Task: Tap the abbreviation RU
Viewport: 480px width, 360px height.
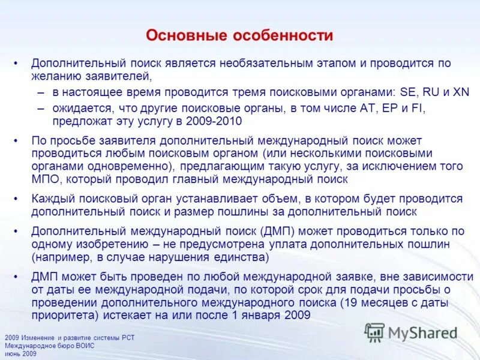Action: (x=433, y=92)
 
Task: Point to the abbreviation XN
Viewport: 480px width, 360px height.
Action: (x=460, y=92)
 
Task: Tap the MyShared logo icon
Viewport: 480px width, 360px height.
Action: (x=374, y=332)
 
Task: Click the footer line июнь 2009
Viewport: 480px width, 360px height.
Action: (x=21, y=354)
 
